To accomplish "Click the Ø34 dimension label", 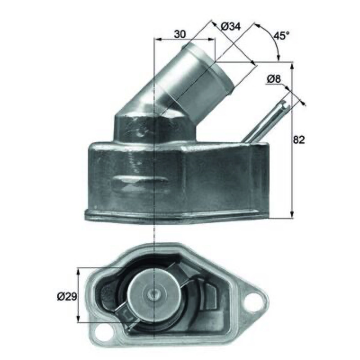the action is (230, 27).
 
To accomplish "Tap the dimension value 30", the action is (180, 34).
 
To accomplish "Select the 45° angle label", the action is (282, 36).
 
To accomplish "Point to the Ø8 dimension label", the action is (274, 79).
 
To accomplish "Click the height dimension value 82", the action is (298, 139).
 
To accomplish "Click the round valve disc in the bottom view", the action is (152, 293).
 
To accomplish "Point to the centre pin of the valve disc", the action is (154, 293).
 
